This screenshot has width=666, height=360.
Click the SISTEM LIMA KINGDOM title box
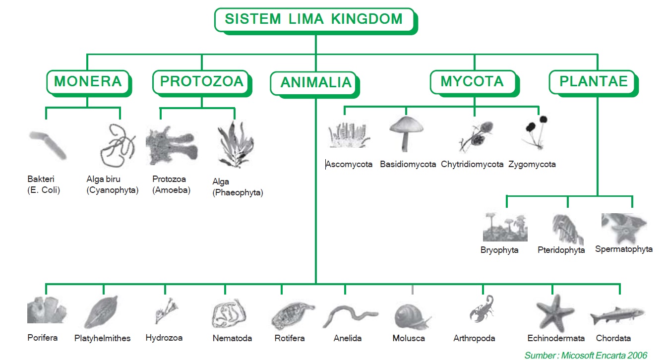pos(316,21)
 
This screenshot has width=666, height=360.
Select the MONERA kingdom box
pos(89,83)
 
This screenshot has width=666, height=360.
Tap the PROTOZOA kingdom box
pos(202,83)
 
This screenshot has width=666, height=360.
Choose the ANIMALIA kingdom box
pos(315,85)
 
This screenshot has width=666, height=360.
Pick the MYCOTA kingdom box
pos(475,83)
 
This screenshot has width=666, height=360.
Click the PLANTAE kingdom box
pos(594,83)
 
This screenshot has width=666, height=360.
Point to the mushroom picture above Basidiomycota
pos(406,134)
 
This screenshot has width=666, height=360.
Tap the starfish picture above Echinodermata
pos(555,313)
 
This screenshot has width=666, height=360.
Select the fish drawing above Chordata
pos(617,316)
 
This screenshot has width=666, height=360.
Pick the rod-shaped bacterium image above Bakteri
pos(48,145)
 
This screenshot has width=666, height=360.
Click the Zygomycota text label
pos(532,165)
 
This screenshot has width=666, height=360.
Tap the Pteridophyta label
pos(561,250)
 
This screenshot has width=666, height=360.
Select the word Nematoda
pos(232,338)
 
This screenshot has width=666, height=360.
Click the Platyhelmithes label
pos(102,338)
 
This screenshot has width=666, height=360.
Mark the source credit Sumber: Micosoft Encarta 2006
pos(586,355)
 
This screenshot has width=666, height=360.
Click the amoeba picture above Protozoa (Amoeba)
pos(172,146)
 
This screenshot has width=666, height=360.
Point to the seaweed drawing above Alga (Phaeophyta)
pos(236,144)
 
